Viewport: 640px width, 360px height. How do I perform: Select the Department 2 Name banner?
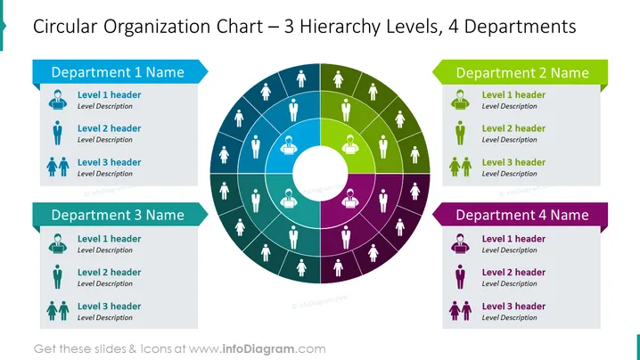[520, 73]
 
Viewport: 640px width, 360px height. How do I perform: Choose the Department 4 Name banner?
[520, 215]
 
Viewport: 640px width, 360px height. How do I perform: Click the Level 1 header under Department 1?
[109, 94]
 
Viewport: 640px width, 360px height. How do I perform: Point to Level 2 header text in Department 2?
[513, 128]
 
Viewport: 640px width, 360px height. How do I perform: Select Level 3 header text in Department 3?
[109, 307]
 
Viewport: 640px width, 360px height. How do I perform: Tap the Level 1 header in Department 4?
[513, 239]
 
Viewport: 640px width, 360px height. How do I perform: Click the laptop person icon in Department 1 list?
[58, 100]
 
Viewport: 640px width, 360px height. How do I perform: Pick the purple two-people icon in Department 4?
[460, 311]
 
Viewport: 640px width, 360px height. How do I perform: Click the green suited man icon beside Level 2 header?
[460, 133]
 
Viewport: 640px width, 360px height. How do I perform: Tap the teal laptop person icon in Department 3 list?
[58, 243]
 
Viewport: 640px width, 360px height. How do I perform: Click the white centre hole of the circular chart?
[320, 174]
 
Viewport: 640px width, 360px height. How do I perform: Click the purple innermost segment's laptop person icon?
[349, 199]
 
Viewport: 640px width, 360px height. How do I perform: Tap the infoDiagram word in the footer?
[258, 349]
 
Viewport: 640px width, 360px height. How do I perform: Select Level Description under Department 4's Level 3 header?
[509, 317]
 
